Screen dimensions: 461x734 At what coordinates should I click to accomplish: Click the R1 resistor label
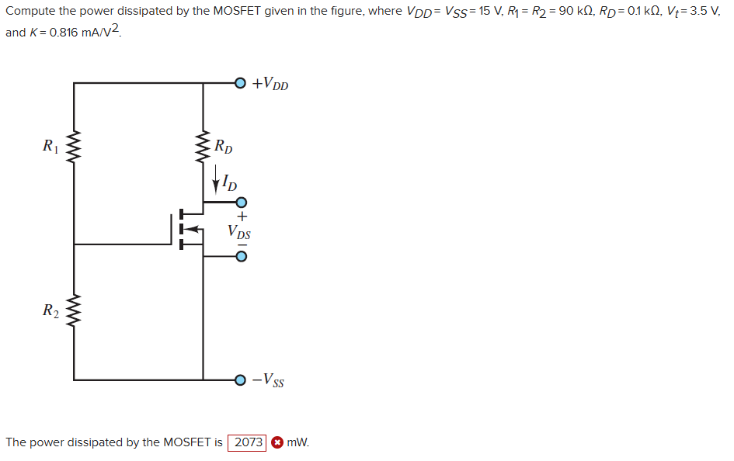[50, 144]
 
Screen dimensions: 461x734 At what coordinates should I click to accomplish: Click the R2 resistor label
[50, 311]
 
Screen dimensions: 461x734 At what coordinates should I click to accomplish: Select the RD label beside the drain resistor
[223, 145]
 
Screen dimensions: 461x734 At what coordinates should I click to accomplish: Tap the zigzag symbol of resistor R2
[74, 312]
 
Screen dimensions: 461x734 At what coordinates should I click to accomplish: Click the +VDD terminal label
[270, 83]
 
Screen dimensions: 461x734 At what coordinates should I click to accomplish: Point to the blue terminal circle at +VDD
[241, 82]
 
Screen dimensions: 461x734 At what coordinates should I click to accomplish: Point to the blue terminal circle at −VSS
[241, 380]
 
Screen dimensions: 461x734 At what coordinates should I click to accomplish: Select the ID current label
[228, 183]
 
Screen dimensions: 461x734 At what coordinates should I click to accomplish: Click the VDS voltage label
[239, 231]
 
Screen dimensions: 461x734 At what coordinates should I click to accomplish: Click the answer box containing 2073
[248, 442]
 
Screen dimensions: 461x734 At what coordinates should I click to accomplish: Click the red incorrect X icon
[277, 442]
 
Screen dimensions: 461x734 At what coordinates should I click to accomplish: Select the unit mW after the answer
[298, 442]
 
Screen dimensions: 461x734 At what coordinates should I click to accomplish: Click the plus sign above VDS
[242, 217]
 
